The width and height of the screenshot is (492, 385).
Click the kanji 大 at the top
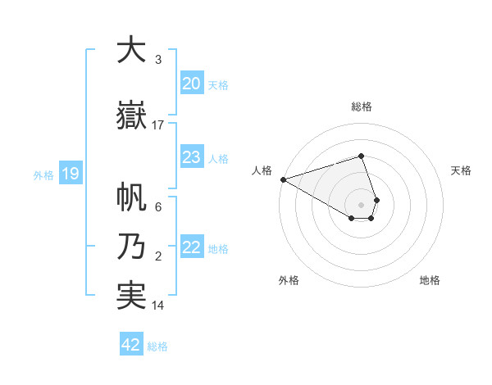pos(131,50)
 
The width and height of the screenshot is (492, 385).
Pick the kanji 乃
pos(131,247)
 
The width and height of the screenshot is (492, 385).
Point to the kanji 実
pos(131,296)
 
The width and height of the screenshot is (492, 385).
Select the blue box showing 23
pos(191,157)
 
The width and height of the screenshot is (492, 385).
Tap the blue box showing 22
pos(191,248)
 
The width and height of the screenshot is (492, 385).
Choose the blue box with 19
pos(70,174)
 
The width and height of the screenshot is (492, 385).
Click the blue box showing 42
pos(131,345)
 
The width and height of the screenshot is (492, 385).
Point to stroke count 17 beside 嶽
pos(158,125)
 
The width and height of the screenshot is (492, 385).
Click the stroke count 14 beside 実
pos(158,306)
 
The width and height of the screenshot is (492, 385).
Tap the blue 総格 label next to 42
pos(157,346)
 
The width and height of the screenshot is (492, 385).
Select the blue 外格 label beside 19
pos(43,174)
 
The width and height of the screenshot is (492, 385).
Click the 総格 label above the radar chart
pos(362,106)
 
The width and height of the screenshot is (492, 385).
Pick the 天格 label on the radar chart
pos(462,170)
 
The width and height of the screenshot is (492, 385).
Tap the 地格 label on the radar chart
pos(430,280)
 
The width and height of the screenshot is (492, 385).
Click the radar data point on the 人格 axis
pos(283,179)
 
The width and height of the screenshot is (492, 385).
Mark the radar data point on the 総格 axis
pos(362,156)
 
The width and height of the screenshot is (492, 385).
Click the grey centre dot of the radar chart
pos(362,203)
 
